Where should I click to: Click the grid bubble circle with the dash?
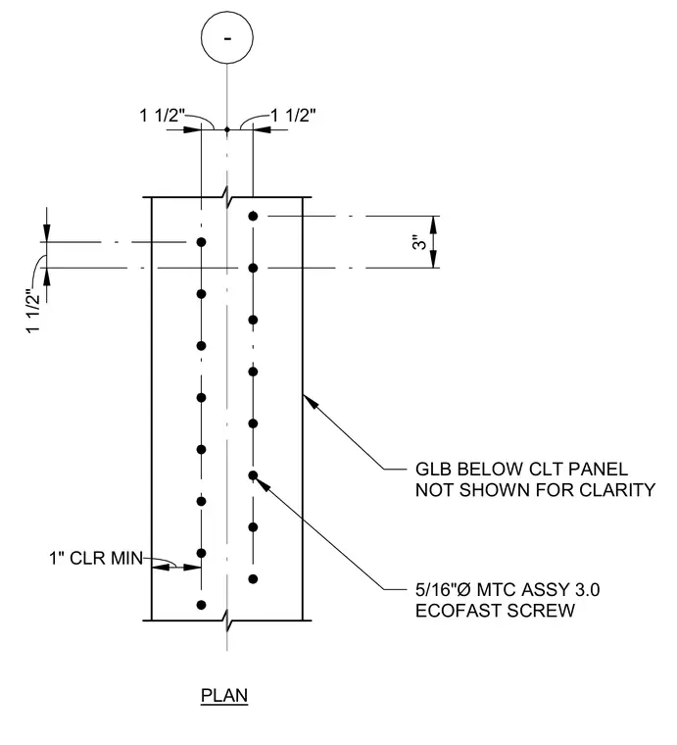(227, 38)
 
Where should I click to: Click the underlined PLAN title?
(224, 696)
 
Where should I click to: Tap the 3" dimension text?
(419, 242)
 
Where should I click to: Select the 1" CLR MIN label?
(96, 558)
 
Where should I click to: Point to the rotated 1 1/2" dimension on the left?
(33, 311)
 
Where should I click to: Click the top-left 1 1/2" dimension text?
(162, 116)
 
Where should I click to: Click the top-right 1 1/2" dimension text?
(293, 116)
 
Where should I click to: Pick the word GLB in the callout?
(433, 470)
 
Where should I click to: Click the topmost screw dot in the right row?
(253, 217)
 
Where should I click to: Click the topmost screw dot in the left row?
(201, 242)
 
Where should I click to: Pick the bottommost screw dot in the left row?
(201, 605)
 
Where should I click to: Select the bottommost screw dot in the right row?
(253, 578)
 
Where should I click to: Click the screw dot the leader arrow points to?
(253, 475)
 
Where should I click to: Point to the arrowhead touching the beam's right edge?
(310, 402)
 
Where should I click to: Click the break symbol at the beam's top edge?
(227, 197)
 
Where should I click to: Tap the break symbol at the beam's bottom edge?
(227, 621)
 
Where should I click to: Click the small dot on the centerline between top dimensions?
(227, 129)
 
